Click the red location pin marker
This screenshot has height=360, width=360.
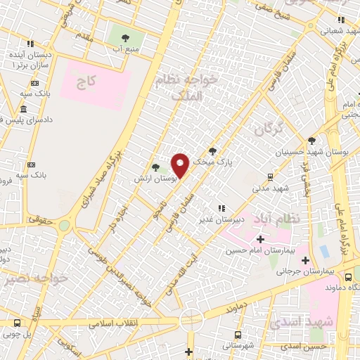pos(181,165)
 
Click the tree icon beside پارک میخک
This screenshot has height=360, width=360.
pos(212,151)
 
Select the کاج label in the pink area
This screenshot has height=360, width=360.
pos(86,83)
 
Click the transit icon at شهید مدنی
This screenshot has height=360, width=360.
pos(269,178)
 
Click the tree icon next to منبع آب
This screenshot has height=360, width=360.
pos(125,39)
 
